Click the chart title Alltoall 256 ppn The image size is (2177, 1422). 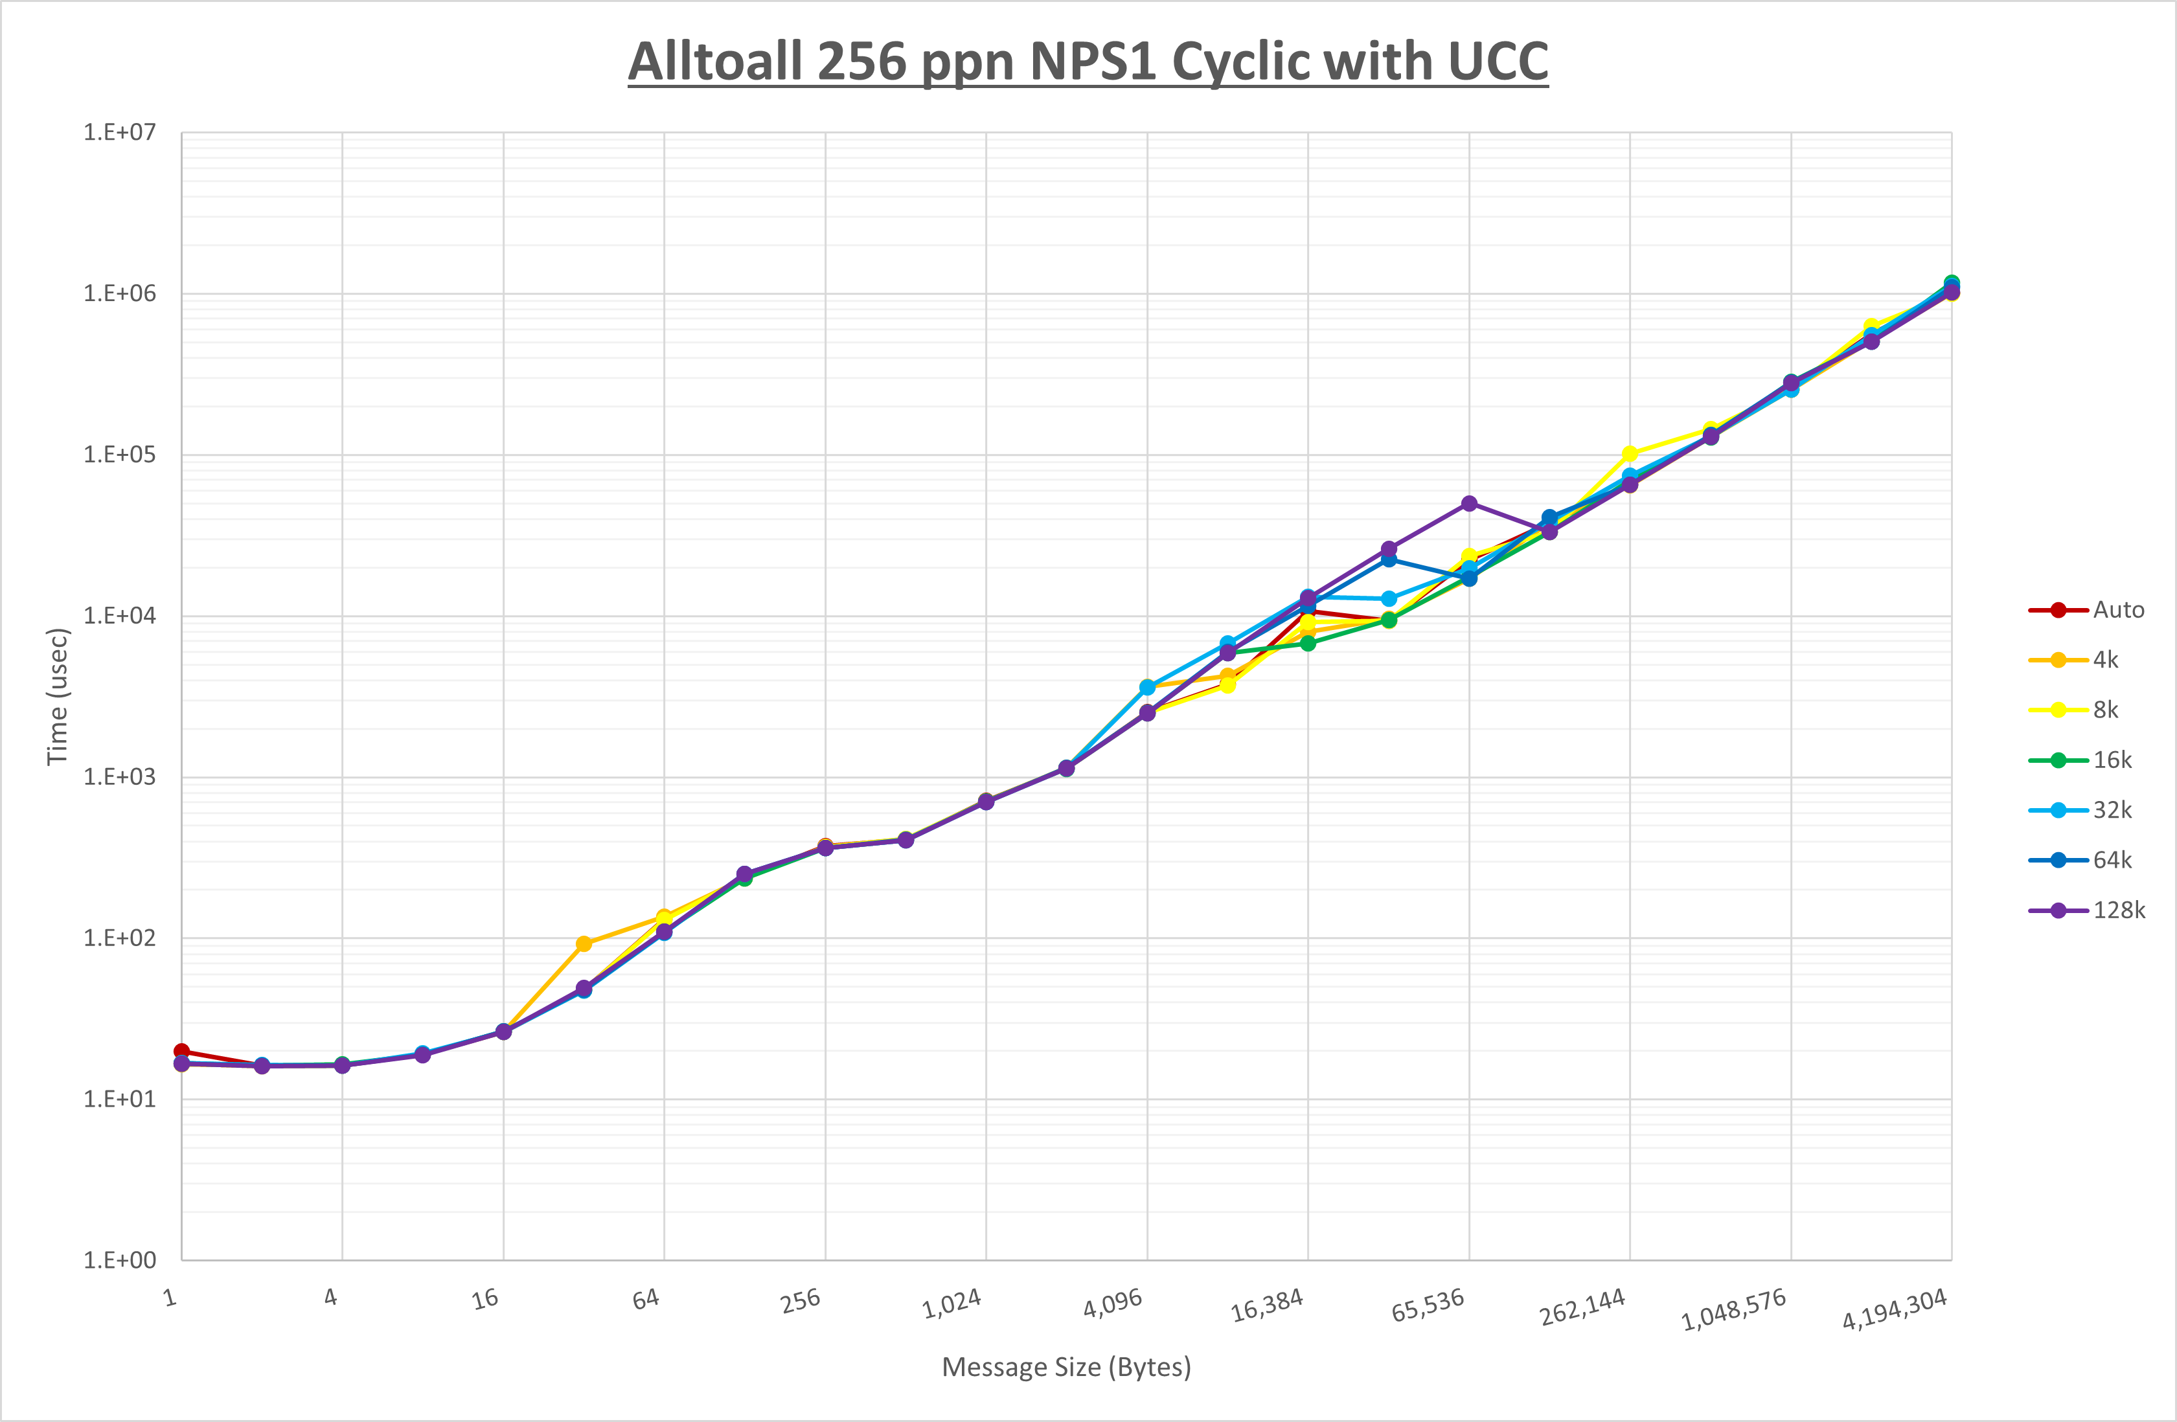tap(1088, 62)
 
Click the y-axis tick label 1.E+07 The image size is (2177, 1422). tap(120, 133)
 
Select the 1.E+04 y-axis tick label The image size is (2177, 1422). tap(120, 615)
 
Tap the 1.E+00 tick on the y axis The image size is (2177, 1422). tap(120, 1260)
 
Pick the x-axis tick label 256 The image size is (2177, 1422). tap(801, 1300)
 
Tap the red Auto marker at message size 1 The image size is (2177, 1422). tap(182, 1052)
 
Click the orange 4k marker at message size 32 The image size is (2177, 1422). tap(584, 943)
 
